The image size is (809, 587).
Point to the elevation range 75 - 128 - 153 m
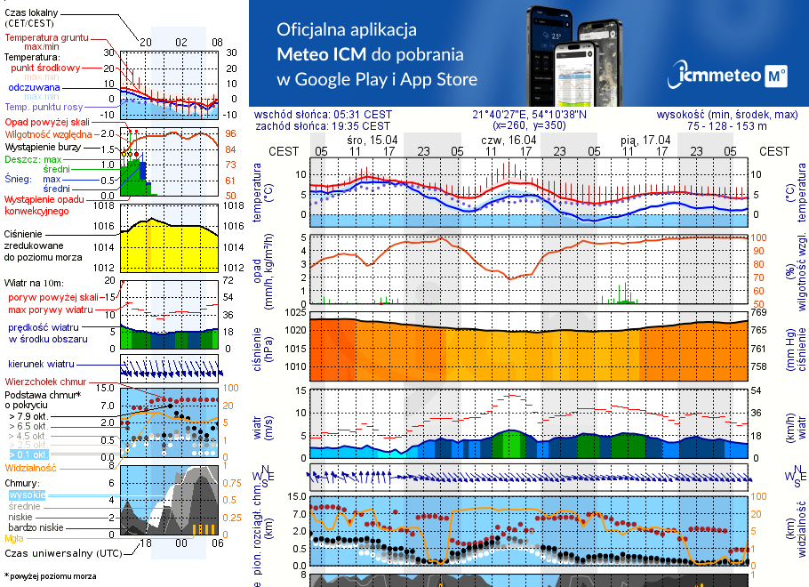pyautogui.click(x=742, y=125)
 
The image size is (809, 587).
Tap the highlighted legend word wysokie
pyautogui.click(x=27, y=495)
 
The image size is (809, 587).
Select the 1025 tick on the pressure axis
pyautogui.click(x=295, y=312)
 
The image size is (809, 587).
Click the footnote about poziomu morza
pyautogui.click(x=49, y=576)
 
